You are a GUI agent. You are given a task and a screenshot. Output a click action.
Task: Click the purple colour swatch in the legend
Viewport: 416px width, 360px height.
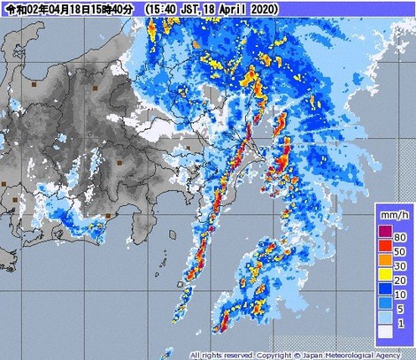[385, 232]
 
